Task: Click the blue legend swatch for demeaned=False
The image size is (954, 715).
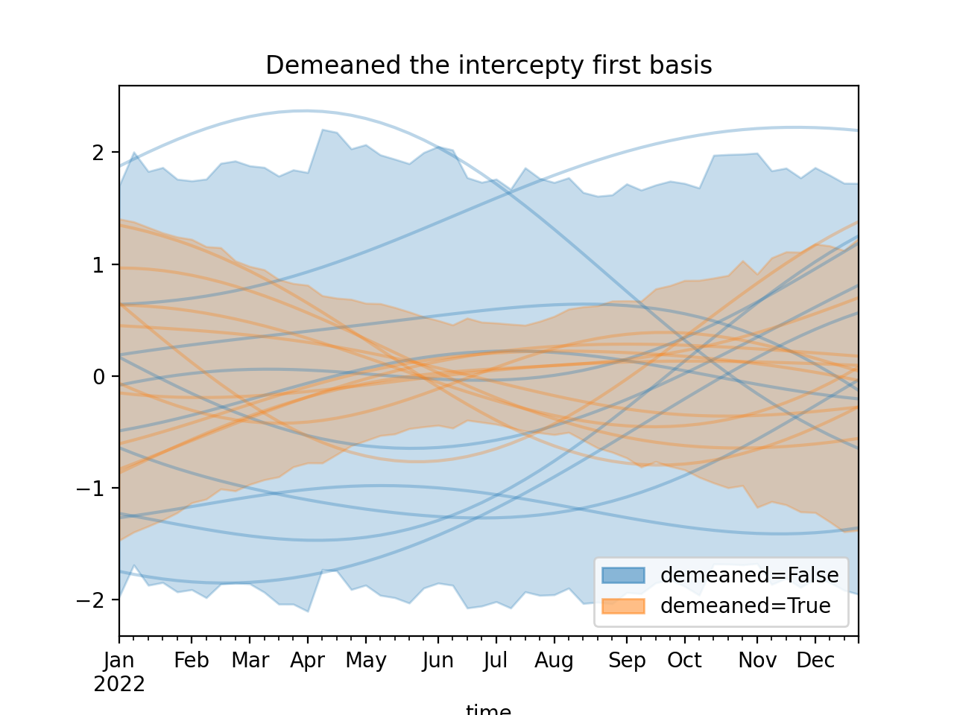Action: (x=623, y=575)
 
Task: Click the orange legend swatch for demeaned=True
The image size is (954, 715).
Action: (x=623, y=606)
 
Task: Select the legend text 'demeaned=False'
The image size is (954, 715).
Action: (x=749, y=575)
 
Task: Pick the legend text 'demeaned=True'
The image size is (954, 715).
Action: (x=745, y=606)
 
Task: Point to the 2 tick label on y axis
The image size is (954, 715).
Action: (x=98, y=153)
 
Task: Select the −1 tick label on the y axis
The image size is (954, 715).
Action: (x=92, y=489)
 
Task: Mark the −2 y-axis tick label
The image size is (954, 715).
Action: (x=92, y=600)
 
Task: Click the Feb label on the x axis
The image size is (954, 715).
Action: (x=192, y=661)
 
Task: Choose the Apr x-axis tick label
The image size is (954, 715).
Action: (x=307, y=661)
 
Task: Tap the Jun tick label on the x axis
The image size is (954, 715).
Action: (x=437, y=661)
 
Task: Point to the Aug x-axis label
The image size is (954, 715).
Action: (x=554, y=661)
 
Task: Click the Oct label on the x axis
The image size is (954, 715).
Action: (x=684, y=661)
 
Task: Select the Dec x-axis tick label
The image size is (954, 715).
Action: (x=815, y=661)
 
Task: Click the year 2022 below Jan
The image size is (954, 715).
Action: (x=119, y=684)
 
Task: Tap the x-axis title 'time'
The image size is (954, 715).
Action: (x=488, y=710)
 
